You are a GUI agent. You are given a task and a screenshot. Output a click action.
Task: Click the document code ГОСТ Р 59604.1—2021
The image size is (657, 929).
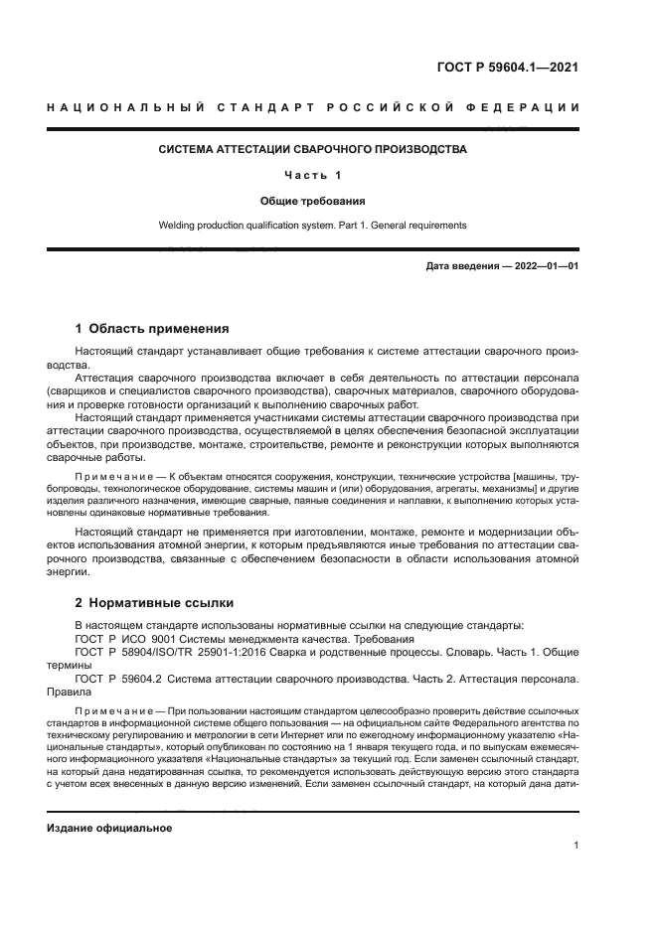(x=507, y=69)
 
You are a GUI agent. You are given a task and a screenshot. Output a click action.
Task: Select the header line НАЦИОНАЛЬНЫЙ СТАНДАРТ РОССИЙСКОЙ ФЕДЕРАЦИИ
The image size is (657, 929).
(x=313, y=107)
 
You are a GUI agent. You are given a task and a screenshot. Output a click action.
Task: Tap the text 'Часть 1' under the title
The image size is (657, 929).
(x=313, y=175)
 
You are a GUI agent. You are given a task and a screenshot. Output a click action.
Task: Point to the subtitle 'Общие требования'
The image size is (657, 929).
(x=313, y=201)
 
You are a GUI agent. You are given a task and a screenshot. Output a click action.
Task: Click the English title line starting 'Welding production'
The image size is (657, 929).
(x=313, y=226)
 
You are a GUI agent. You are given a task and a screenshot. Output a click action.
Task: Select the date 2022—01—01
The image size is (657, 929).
(x=545, y=267)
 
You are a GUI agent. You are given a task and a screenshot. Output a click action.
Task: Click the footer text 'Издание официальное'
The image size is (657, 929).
(x=108, y=828)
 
